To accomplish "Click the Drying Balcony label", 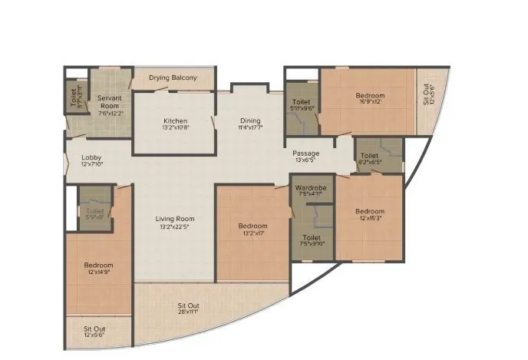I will pyautogui.click(x=173, y=78).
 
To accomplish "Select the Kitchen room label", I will pyautogui.click(x=176, y=121).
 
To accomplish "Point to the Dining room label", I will pyautogui.click(x=250, y=121).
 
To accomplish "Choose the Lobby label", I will pyautogui.click(x=91, y=159).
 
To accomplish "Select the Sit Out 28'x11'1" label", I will pyautogui.click(x=189, y=306).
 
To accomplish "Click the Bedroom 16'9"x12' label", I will pyautogui.click(x=370, y=96).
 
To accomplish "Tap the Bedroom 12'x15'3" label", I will pyautogui.click(x=369, y=211).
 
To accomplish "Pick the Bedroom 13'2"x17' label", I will pyautogui.click(x=252, y=226).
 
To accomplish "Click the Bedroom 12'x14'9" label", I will pyautogui.click(x=98, y=266).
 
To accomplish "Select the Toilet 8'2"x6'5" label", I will pyautogui.click(x=370, y=154).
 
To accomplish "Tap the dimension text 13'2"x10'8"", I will pyautogui.click(x=176, y=129).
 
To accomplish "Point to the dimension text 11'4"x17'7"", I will pyautogui.click(x=250, y=129).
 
